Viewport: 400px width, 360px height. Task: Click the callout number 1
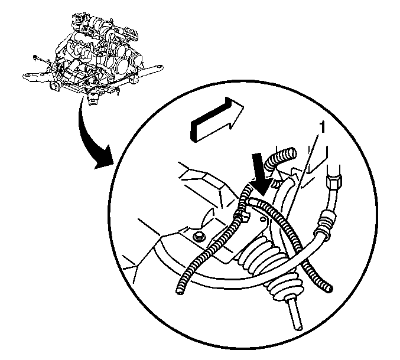coord(323,127)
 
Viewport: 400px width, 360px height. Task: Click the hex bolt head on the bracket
coord(199,237)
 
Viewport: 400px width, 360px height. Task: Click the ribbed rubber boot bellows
coord(271,265)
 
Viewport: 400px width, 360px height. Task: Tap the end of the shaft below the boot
coord(298,327)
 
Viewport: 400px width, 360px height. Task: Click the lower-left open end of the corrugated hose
coord(180,290)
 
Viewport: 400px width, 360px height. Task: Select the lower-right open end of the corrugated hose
coord(329,288)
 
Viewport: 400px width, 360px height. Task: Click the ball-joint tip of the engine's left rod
coord(34,57)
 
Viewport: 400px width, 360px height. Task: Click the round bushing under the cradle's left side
coord(54,86)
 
